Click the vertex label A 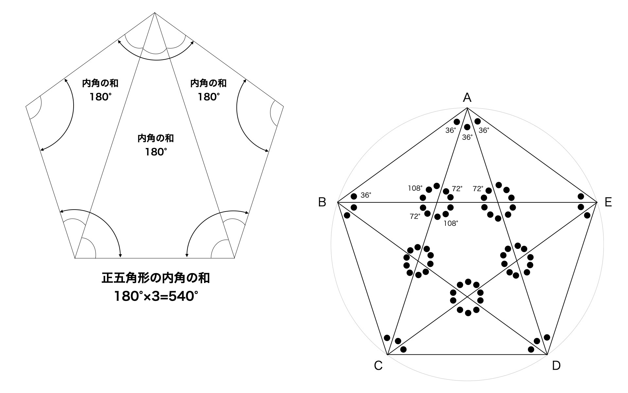click(467, 97)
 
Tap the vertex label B click(322, 202)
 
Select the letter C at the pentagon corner click(378, 365)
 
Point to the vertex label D click(556, 365)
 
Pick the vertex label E click(608, 202)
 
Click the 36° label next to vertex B click(366, 195)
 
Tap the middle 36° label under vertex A click(467, 137)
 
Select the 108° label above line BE click(415, 188)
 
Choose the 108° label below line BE click(451, 223)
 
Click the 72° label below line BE click(415, 216)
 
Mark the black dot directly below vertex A click(467, 127)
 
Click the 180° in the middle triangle click(156, 152)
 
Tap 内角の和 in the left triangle click(100, 83)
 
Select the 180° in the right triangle click(209, 97)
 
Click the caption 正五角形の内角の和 click(156, 278)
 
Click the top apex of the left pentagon click(155, 12)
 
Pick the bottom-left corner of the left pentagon click(75, 258)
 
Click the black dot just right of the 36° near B click(354, 196)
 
